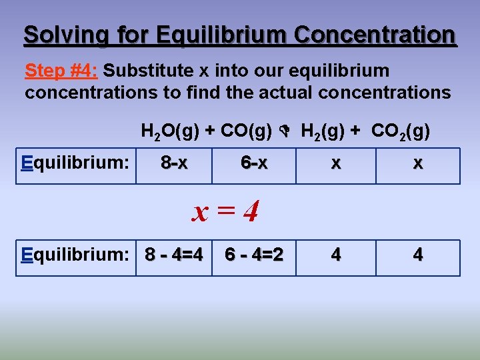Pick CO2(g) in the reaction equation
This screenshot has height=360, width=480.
pyautogui.click(x=400, y=132)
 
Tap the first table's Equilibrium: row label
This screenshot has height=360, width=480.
pyautogui.click(x=75, y=163)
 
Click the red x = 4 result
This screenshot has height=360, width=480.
pyautogui.click(x=225, y=212)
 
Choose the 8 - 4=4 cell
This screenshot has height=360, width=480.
pyautogui.click(x=174, y=255)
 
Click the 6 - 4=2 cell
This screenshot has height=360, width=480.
pyautogui.click(x=254, y=255)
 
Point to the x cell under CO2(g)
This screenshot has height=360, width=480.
pyautogui.click(x=417, y=164)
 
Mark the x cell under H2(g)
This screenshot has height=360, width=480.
pyautogui.click(x=336, y=164)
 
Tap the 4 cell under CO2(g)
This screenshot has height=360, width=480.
pyautogui.click(x=417, y=255)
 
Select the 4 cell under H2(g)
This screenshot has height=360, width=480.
pyautogui.click(x=336, y=255)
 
